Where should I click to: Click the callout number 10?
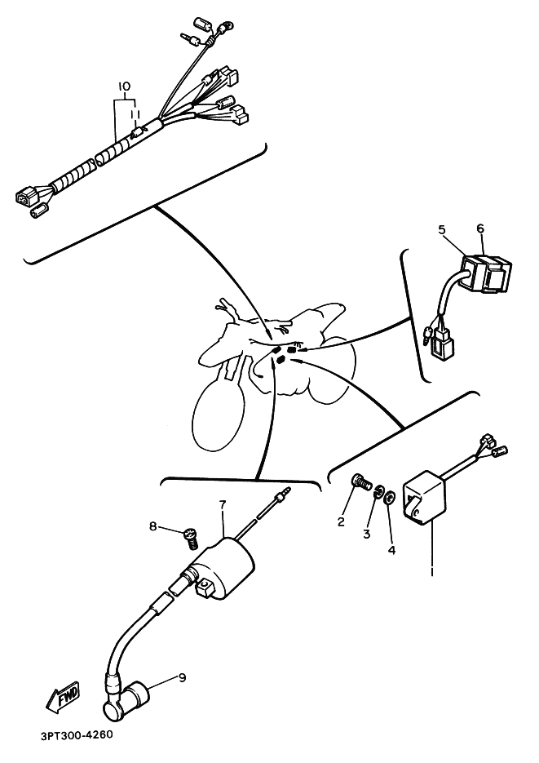(125, 87)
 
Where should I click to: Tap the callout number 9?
(183, 677)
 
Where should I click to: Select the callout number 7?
(222, 504)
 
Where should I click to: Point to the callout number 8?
(153, 526)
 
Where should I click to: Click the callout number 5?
(442, 229)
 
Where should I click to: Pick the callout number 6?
(480, 228)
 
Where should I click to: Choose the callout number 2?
(341, 522)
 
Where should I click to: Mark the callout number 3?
(366, 534)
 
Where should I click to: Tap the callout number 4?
(391, 550)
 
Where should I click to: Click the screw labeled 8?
(192, 539)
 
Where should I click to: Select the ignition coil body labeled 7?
(224, 566)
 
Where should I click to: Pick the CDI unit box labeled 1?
(424, 495)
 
